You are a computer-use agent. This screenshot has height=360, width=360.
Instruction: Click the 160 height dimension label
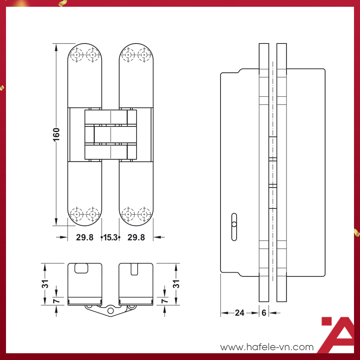tap(56, 135)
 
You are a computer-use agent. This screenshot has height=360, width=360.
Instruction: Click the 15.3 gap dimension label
tap(110, 237)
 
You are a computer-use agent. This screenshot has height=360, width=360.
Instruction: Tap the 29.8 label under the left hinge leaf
tap(84, 237)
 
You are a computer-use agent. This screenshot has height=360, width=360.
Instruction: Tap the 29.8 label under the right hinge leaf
tap(136, 237)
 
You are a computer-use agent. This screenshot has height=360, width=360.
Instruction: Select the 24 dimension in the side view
tap(240, 312)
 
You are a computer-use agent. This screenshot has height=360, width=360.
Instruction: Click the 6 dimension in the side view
tap(264, 312)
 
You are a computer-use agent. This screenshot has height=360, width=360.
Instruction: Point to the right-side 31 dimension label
tap(175, 284)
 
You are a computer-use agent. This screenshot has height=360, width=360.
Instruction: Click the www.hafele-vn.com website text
tap(267, 347)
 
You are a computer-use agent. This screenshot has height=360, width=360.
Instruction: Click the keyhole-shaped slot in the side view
tap(234, 226)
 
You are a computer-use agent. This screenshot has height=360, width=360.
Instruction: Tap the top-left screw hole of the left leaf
tap(77, 55)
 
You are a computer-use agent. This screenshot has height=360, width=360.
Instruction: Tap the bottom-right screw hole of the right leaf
tap(144, 214)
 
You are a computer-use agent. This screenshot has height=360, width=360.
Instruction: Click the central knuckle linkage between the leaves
tap(111, 135)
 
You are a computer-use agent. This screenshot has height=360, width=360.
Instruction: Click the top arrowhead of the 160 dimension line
tap(56, 47)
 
